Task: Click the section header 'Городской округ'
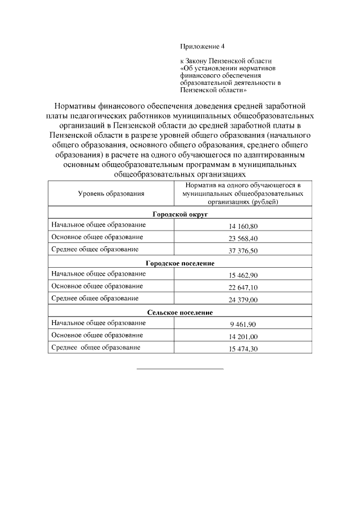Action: (179, 214)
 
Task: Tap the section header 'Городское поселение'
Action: (179, 263)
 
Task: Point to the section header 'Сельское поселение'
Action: (179, 313)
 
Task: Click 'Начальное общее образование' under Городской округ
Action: (98, 225)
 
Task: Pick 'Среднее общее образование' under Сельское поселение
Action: (95, 348)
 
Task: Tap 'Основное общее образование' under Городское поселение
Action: (97, 286)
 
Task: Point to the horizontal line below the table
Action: (179, 369)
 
